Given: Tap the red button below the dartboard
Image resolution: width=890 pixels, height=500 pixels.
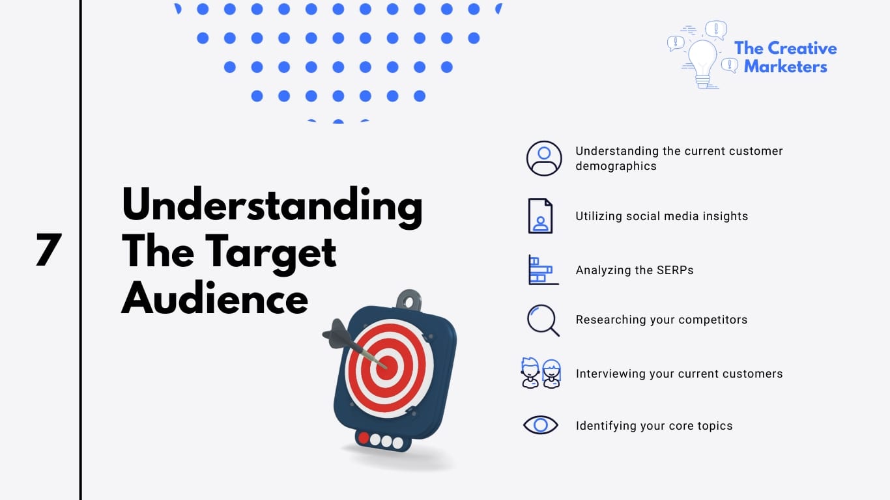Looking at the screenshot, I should pos(364,438).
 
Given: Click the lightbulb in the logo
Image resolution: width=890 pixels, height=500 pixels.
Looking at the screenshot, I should pos(702,59).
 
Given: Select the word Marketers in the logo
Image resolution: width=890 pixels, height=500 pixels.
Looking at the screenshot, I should pos(785,66).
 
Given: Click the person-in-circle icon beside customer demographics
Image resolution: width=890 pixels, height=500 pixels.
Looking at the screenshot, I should pos(544,158).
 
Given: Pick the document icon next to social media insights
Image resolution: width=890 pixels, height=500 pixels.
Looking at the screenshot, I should pos(540,216).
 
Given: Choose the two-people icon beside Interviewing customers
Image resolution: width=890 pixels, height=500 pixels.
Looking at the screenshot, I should pos(541,374).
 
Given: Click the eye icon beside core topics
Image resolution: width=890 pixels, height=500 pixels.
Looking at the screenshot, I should pos(541,426).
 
